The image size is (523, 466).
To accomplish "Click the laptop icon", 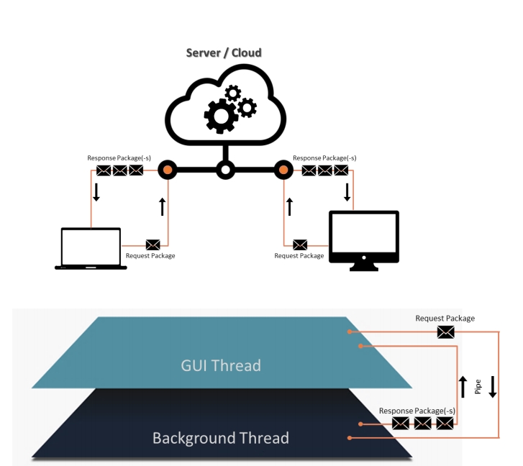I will pos(91,249).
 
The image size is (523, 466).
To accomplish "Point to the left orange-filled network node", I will pos(168,170).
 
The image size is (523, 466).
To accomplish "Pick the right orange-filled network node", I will pos(283,170).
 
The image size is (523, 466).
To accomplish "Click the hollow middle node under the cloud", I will pos(225,170).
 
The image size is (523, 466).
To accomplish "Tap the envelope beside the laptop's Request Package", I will pos(153,245).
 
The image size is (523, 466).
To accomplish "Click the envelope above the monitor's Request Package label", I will pos(300,245).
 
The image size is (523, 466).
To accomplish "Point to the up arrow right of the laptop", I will pos(163,207).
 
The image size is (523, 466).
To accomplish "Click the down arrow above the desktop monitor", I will pos(347,193).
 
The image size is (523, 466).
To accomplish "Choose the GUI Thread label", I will pos(221,365).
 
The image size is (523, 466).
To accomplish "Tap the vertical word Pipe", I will pos(477,387).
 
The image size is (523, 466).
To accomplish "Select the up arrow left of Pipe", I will pos(463,387).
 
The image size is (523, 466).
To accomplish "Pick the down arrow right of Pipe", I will pos(492,387).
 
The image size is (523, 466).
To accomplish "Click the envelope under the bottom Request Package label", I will pos(446,332).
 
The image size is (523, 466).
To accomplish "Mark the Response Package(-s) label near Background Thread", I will pos(417,410).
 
